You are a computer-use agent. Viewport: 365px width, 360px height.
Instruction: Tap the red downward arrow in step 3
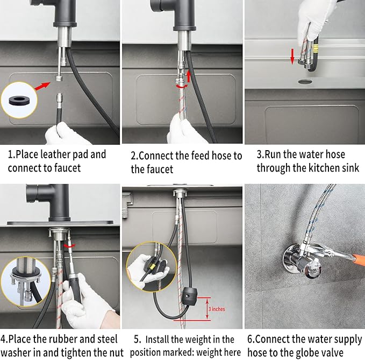point(292,56)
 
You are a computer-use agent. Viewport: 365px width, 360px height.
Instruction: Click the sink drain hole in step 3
point(305,82)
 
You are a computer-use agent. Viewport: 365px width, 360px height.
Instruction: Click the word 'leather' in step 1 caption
point(54,154)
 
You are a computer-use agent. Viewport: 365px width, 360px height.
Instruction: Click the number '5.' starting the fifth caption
point(136,339)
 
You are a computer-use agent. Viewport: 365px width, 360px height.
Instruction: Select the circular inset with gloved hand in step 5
point(147,269)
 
